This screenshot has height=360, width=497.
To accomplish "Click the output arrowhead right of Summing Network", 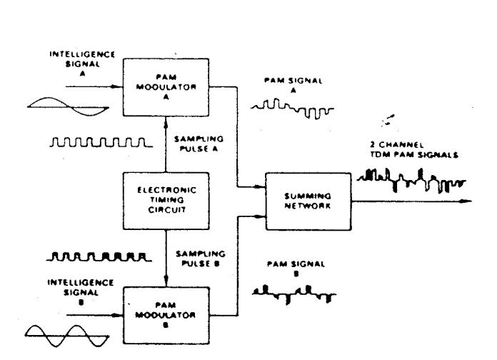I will click(468, 201).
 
